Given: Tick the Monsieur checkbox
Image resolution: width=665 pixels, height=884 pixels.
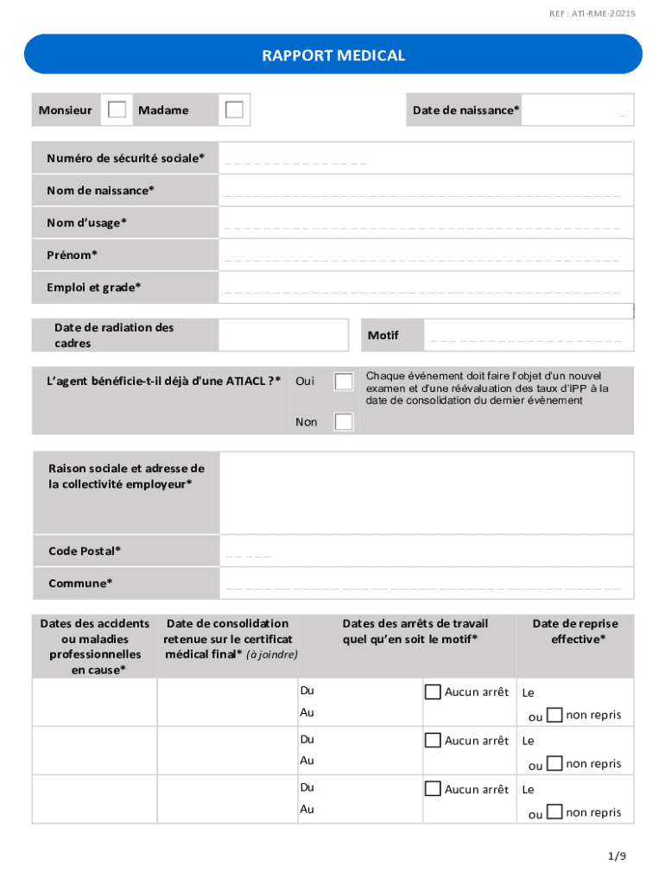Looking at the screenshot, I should (x=117, y=110).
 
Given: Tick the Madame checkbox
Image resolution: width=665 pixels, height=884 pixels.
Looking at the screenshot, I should (x=234, y=110).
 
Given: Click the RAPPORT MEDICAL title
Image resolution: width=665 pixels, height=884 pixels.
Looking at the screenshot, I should (x=333, y=56).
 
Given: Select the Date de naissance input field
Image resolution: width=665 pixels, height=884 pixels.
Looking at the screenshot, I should (x=578, y=110).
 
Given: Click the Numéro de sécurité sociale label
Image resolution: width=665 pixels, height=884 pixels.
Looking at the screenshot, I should (x=126, y=158).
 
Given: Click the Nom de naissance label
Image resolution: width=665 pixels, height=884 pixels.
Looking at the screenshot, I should (x=101, y=190).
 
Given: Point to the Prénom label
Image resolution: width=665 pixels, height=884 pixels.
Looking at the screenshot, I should (x=73, y=255).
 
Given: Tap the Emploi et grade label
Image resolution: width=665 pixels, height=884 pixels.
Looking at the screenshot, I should (x=94, y=287).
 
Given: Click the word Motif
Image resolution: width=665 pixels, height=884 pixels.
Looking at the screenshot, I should (x=383, y=335).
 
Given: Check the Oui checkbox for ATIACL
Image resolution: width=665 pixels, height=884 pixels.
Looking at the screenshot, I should (x=344, y=381).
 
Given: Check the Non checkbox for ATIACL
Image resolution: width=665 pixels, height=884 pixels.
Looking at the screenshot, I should (x=344, y=421).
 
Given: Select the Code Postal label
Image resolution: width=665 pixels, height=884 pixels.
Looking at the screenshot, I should (x=85, y=551).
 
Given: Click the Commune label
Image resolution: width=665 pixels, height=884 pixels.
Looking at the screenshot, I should (x=80, y=583).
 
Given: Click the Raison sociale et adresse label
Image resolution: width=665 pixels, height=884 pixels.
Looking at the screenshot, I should (x=127, y=477).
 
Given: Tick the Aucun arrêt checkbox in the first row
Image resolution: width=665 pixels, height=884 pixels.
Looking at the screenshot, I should (x=433, y=691).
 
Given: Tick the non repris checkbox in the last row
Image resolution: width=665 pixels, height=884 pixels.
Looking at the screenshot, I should (x=555, y=811).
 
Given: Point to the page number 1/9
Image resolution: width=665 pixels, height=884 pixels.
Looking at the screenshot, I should (x=616, y=856).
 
